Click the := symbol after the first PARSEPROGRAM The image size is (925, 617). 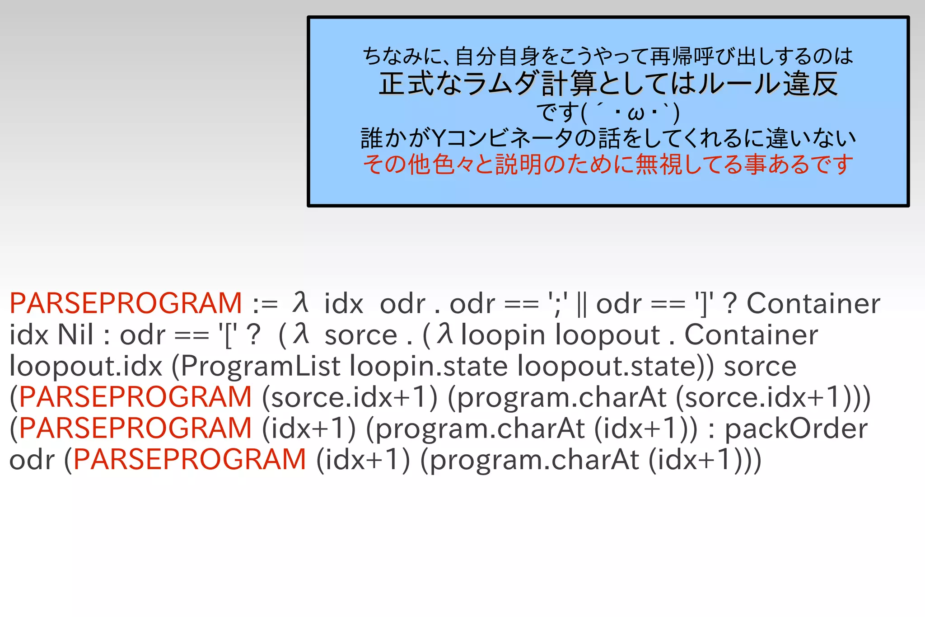[x=265, y=303]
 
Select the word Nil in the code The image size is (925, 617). [x=75, y=335]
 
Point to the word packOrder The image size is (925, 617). [x=796, y=428]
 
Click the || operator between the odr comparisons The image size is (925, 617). [x=582, y=304]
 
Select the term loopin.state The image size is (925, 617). [x=429, y=366]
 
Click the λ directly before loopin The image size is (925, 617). [x=445, y=334]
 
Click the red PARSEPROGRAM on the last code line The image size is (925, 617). [x=190, y=460]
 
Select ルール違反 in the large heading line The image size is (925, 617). [x=768, y=84]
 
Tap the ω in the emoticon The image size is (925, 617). [x=636, y=113]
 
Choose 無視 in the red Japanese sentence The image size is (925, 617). [x=659, y=164]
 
